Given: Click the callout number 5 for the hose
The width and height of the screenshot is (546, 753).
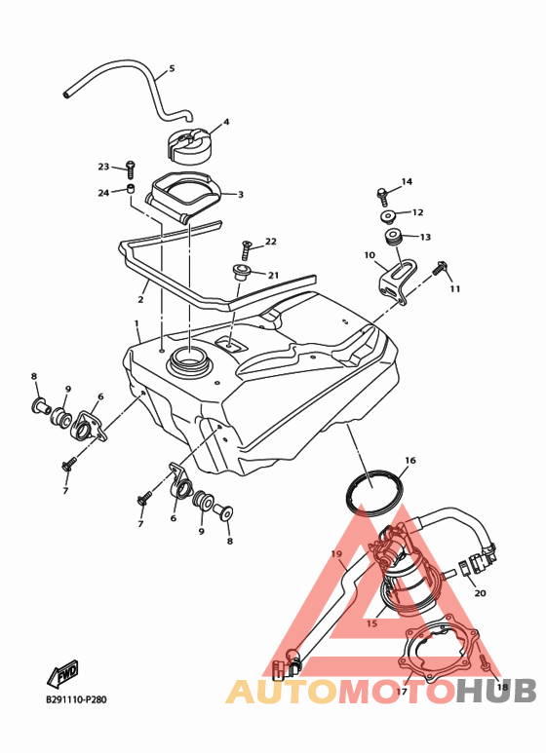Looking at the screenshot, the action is click(172, 68).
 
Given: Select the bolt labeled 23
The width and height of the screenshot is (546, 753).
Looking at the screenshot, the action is click(130, 169).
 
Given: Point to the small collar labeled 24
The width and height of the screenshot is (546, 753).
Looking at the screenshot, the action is click(130, 188).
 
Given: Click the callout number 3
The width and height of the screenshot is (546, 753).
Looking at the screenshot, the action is click(240, 194).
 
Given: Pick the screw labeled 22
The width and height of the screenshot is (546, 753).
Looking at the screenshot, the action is click(245, 250).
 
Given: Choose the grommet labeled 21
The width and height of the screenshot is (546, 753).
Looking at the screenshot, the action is click(240, 271).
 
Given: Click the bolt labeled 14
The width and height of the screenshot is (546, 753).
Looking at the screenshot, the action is click(381, 197).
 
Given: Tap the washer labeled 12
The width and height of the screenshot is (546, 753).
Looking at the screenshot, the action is click(388, 216).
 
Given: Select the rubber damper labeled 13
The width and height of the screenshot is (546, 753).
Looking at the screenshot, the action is click(393, 238).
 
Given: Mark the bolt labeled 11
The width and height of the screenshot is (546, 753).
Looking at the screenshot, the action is click(440, 268).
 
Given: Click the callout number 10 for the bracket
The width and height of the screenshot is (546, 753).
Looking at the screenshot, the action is click(370, 255).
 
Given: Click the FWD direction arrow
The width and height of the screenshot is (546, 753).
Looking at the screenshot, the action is click(63, 673).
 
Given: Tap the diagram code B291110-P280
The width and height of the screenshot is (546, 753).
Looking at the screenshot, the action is click(76, 699).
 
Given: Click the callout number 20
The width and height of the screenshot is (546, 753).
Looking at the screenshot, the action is click(480, 593).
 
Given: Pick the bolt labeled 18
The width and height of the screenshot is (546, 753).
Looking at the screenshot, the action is click(485, 662).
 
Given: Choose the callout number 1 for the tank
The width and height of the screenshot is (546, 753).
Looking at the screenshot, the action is click(136, 323).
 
